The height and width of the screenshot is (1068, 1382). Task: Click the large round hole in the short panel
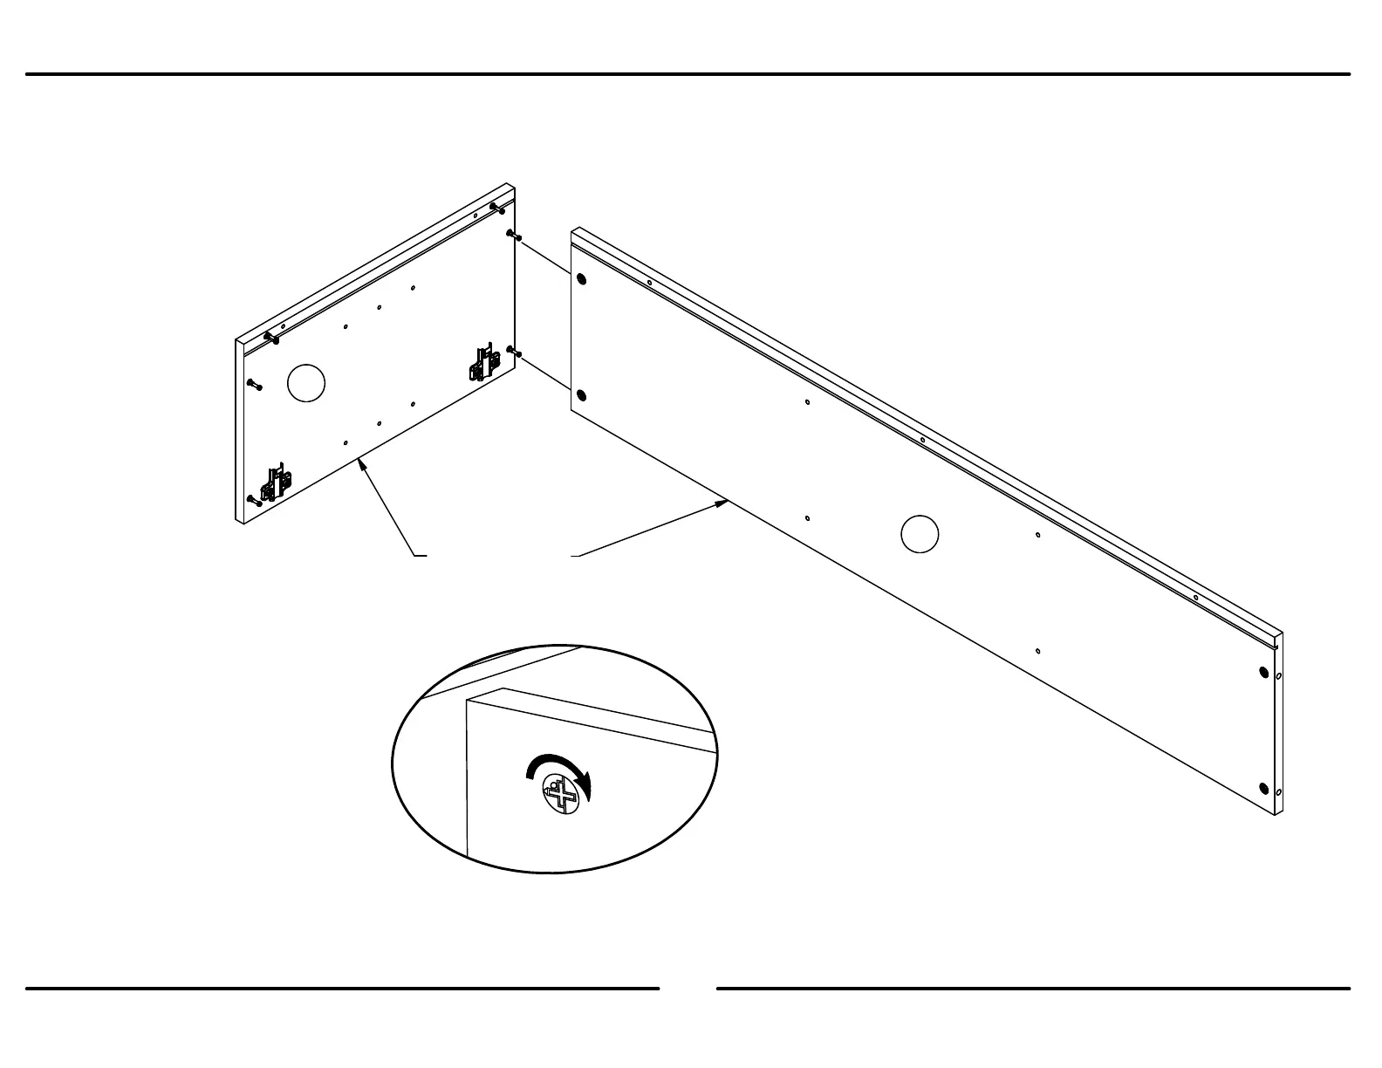[305, 383]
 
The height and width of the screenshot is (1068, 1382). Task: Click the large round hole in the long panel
[920, 534]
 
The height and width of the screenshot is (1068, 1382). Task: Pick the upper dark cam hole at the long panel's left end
[582, 280]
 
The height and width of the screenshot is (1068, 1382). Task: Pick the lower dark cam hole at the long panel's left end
[582, 397]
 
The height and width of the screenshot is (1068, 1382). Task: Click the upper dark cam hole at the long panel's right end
[1263, 673]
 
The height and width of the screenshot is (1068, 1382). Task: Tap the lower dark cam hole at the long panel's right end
[1263, 789]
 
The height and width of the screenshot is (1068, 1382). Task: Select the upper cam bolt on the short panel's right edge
[513, 236]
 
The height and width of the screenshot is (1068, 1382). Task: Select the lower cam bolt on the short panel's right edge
[514, 352]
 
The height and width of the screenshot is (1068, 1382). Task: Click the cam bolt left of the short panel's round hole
[255, 384]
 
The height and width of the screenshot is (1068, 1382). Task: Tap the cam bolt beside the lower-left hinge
[255, 500]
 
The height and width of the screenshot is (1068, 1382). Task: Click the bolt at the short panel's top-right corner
[498, 208]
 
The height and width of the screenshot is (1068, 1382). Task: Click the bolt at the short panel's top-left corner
[270, 336]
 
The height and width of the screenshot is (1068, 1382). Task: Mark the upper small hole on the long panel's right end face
[1278, 675]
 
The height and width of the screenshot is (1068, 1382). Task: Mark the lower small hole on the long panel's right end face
[1278, 791]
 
